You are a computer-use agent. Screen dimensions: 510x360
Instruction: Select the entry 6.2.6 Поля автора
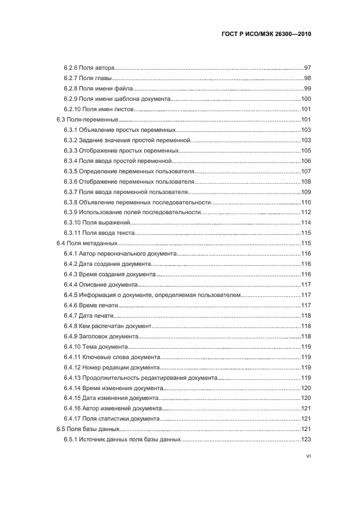(x=89, y=68)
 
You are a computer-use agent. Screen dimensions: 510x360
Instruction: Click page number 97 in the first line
(x=307, y=68)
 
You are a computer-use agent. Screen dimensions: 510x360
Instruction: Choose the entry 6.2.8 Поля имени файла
(x=98, y=88)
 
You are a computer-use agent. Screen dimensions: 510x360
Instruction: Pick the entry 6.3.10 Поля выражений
(x=97, y=222)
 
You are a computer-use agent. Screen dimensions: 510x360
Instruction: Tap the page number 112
(x=306, y=212)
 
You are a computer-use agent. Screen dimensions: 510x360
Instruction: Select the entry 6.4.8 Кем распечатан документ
(x=106, y=326)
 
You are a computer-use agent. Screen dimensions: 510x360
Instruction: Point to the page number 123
(x=306, y=439)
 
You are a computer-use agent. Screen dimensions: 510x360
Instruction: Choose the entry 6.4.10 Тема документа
(x=96, y=347)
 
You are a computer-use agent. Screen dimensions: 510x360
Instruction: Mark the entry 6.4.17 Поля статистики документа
(x=112, y=418)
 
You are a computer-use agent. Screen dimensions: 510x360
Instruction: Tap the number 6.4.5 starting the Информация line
(x=70, y=295)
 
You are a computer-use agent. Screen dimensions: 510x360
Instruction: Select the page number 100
(x=306, y=99)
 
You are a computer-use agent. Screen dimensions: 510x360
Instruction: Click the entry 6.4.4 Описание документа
(x=101, y=284)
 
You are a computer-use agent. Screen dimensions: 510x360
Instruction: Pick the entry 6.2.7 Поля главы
(x=89, y=78)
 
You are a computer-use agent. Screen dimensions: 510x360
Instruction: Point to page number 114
(x=306, y=222)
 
